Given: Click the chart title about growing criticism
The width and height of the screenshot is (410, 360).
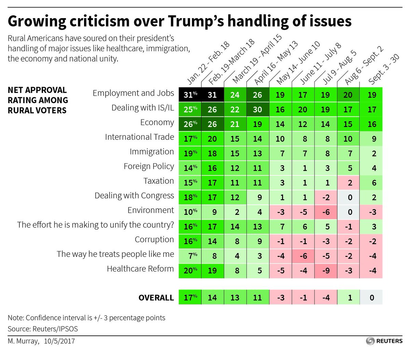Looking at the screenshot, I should coord(179,21).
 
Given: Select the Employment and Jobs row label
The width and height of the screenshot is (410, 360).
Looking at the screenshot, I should coord(133,93).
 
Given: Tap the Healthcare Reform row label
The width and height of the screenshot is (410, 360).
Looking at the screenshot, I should coord(140,269).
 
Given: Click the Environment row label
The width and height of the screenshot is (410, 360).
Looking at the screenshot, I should coord(151,210).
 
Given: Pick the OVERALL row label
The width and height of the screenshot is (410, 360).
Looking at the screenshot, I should coord(156,297).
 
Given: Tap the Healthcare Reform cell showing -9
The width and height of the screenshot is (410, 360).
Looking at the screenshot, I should coord(326,271).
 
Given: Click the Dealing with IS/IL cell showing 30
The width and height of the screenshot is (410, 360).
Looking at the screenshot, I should coord(258,110).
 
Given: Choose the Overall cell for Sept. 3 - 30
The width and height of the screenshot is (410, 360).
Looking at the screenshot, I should coord(371,297).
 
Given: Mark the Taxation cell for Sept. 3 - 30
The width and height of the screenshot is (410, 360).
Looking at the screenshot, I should coord(371,183).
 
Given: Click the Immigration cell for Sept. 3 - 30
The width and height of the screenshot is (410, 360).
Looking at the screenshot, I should coord(371,153).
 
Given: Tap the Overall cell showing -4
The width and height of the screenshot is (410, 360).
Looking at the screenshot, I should coord(326,297).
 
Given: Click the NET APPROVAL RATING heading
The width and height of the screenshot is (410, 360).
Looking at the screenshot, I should coord(38,100).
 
